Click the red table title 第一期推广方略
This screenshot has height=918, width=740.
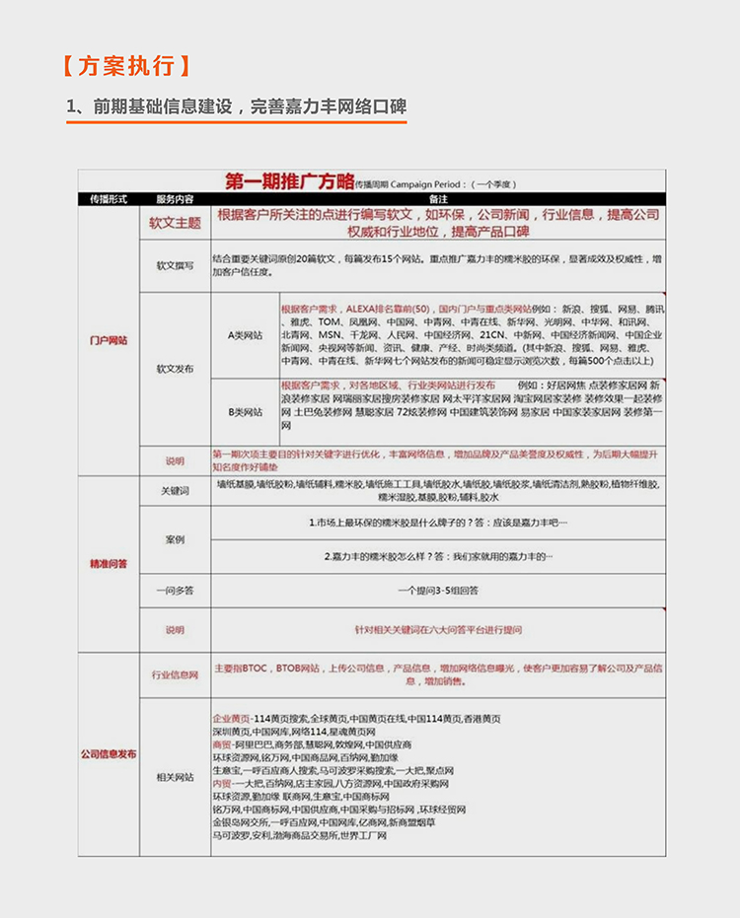tap(289, 180)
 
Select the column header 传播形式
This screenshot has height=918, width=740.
tap(109, 198)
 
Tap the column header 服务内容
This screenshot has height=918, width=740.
tap(175, 198)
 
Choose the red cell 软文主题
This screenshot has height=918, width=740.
tap(175, 223)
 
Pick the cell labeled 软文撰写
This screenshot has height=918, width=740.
tap(175, 265)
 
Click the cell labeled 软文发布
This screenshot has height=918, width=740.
tap(175, 368)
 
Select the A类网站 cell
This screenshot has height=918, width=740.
tap(245, 335)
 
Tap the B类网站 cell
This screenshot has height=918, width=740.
tap(245, 411)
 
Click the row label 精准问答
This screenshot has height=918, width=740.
tap(109, 564)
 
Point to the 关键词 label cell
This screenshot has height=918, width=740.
tap(175, 490)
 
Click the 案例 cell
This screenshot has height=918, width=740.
tap(175, 539)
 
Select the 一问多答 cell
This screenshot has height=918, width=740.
tap(175, 591)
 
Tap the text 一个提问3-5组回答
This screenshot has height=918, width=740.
tap(438, 591)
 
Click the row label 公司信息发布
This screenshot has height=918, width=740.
tap(109, 754)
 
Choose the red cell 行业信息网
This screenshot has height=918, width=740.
tap(175, 675)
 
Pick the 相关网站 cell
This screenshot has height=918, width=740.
tap(175, 778)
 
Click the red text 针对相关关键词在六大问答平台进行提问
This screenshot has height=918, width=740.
tap(438, 629)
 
